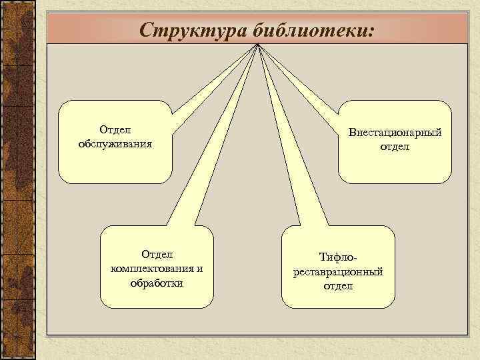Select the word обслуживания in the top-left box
114,144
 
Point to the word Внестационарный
395,133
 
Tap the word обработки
157,282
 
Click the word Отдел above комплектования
157,254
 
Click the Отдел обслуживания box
114,167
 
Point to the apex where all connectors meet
257,46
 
